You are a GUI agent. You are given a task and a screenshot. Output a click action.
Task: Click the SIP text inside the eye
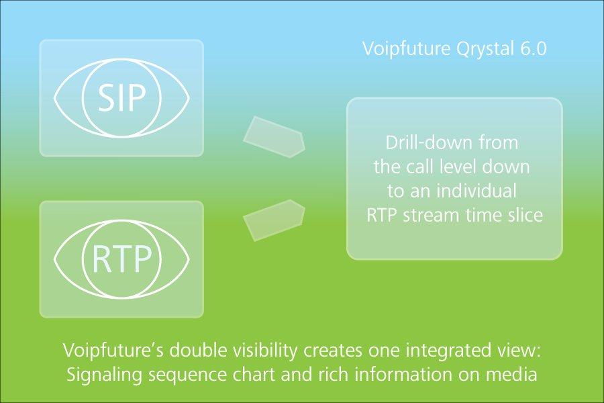click(x=121, y=98)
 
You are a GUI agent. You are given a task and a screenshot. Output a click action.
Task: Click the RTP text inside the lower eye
click(x=121, y=259)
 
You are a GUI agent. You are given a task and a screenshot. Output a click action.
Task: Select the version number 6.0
click(x=534, y=49)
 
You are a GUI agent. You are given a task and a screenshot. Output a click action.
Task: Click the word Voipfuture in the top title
click(x=407, y=49)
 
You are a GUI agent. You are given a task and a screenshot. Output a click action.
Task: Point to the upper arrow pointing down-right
click(x=274, y=137)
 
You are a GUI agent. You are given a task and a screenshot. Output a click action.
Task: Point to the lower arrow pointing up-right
click(x=274, y=220)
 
